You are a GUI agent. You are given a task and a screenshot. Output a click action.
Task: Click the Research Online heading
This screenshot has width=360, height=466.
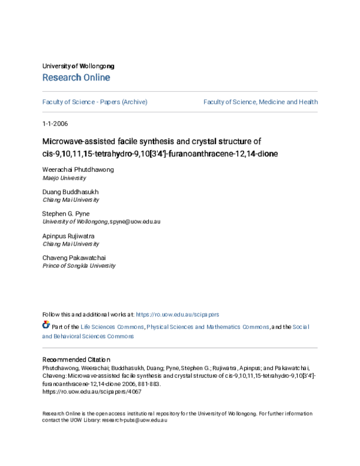tap(76, 77)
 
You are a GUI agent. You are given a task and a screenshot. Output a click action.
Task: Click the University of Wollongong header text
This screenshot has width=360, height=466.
tap(78, 66)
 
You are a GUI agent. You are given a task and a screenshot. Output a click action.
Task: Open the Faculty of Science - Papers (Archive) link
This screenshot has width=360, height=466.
tap(95, 102)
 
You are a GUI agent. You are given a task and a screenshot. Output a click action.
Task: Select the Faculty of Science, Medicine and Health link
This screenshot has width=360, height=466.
tap(260, 102)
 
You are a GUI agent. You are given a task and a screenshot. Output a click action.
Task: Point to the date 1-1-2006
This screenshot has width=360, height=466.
tap(55, 124)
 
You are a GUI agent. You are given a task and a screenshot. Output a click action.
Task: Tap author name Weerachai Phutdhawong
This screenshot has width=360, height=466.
tap(78, 169)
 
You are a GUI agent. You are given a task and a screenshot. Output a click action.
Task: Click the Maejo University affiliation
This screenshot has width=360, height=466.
tap(64, 178)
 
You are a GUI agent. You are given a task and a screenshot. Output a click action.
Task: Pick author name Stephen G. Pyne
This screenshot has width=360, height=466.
tap(66, 213)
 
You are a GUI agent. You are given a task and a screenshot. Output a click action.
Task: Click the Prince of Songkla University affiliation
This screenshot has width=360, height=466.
tap(79, 265)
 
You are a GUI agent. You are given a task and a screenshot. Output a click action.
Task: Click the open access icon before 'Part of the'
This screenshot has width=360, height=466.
tap(46, 325)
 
